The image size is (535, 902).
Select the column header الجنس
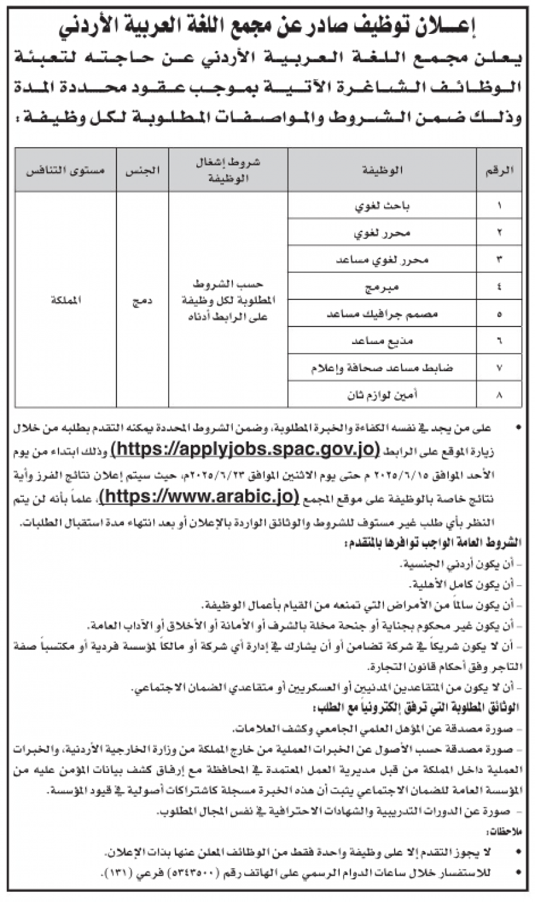coord(142,170)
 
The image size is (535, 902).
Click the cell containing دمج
coord(142,300)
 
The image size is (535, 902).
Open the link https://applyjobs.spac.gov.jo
coord(245,448)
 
